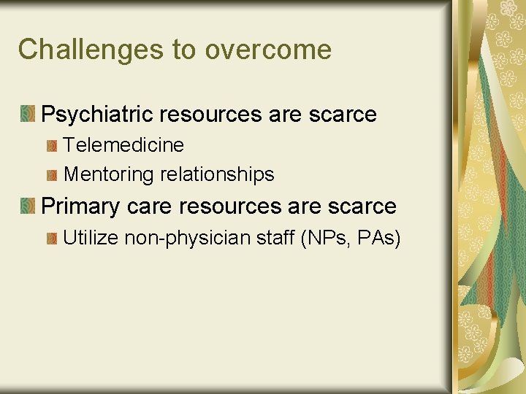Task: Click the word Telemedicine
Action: click(x=123, y=145)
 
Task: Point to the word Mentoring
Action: click(x=110, y=175)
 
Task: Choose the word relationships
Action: click(x=217, y=175)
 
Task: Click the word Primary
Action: click(x=80, y=206)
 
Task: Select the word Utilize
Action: click(x=91, y=238)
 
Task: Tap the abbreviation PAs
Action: click(x=376, y=238)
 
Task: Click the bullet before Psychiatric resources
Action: click(x=28, y=114)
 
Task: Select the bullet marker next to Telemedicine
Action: click(x=51, y=146)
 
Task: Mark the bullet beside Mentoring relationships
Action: click(x=51, y=176)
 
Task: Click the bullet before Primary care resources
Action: click(x=28, y=206)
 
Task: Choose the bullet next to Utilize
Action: click(x=51, y=239)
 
